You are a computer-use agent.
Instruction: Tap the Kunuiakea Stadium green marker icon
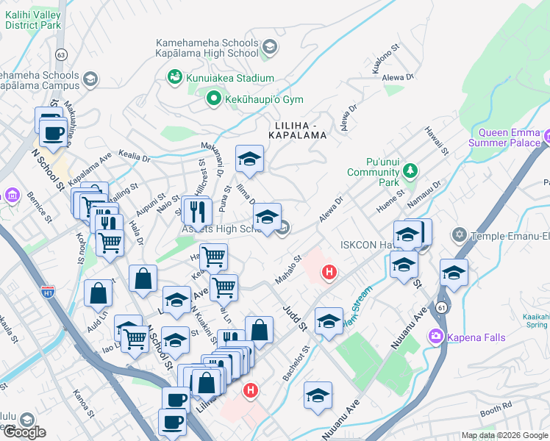tap(174, 76)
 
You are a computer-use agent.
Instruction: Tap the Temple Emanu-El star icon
tap(460, 235)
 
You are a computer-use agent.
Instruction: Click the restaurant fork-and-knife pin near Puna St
tap(196, 212)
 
